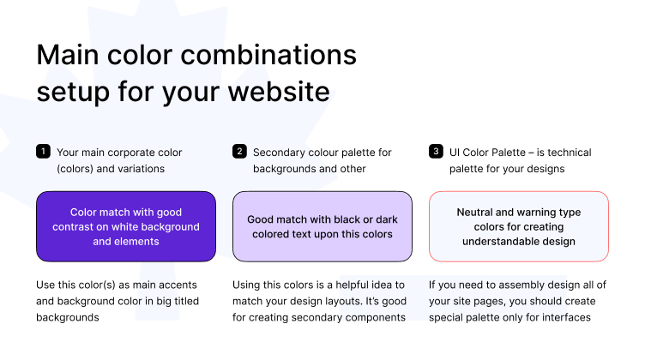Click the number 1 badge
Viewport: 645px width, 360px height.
point(43,151)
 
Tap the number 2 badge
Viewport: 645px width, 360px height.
point(239,151)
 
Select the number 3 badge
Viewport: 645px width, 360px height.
point(436,151)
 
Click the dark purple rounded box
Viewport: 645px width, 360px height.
point(126,226)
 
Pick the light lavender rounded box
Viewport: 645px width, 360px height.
point(322,226)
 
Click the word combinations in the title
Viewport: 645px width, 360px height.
point(268,55)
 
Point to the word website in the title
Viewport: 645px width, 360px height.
point(279,91)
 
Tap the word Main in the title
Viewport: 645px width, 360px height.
point(68,55)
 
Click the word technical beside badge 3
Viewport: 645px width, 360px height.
point(570,153)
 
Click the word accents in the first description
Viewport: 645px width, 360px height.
point(178,285)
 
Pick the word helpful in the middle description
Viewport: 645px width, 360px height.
point(352,285)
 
